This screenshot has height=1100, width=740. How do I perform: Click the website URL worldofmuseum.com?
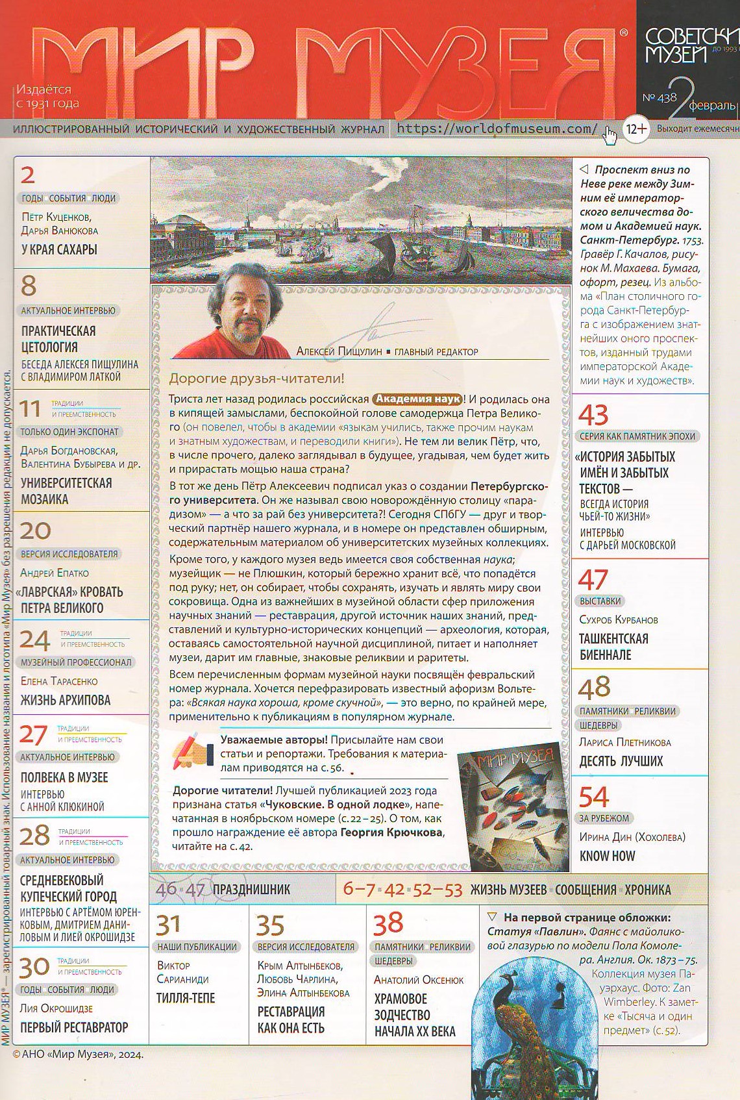497,129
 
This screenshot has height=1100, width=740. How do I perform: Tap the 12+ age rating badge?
635,129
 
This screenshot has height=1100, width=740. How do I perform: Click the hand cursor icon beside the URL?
610,136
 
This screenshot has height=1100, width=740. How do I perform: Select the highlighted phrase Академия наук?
417,399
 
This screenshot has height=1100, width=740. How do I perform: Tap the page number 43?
593,415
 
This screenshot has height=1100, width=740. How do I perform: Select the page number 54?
594,797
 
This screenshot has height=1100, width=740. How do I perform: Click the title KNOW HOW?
607,856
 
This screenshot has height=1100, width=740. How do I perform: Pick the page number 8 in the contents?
29,286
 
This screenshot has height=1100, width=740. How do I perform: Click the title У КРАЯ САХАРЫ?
59,249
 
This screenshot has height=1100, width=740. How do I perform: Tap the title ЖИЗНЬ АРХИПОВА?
65,700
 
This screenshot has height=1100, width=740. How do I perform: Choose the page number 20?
35,531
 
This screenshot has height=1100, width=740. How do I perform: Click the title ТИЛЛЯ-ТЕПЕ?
186,998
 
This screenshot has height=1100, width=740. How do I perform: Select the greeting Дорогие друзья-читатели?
256,378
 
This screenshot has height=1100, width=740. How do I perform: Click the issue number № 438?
659,97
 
